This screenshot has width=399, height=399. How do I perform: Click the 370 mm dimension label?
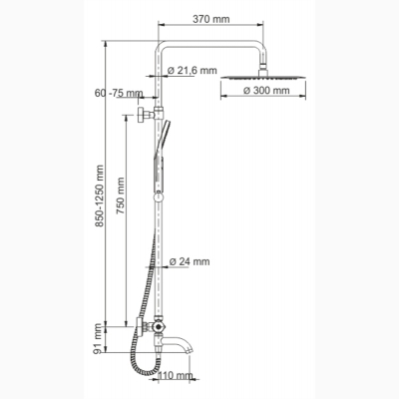coord(211,19)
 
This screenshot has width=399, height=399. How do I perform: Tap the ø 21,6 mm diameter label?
coord(193,70)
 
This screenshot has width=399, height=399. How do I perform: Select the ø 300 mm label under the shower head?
coord(266,90)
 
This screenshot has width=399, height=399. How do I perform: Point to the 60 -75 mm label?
coord(119,93)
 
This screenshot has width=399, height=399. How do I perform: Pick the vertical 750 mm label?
coord(120,196)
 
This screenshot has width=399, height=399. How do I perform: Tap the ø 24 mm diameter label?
coord(190,261)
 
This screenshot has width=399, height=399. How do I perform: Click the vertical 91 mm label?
coord(99,339)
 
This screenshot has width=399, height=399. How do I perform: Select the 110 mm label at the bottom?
coord(175,376)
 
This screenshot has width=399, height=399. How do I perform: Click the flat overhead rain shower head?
coord(263,78)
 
